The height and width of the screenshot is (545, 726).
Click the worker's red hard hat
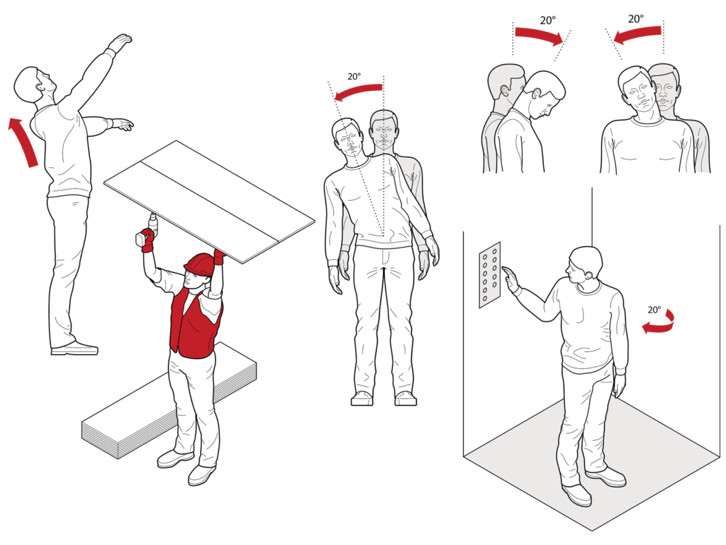pyautogui.click(x=199, y=264)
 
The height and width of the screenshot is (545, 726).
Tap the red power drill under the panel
pyautogui.click(x=146, y=238)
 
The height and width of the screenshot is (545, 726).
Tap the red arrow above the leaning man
pyautogui.click(x=358, y=92)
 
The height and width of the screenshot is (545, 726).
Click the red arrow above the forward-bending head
pyautogui.click(x=539, y=34)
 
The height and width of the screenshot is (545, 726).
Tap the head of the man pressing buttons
pyautogui.click(x=586, y=264)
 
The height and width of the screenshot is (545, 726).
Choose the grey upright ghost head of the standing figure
pyautogui.click(x=384, y=131)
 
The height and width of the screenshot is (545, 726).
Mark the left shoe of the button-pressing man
pyautogui.click(x=576, y=495)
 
